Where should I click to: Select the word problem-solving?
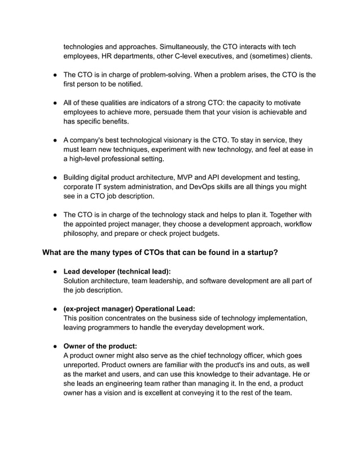coord(168,74)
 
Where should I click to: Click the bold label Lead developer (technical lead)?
coord(117,271)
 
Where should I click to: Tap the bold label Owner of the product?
coord(100,345)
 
